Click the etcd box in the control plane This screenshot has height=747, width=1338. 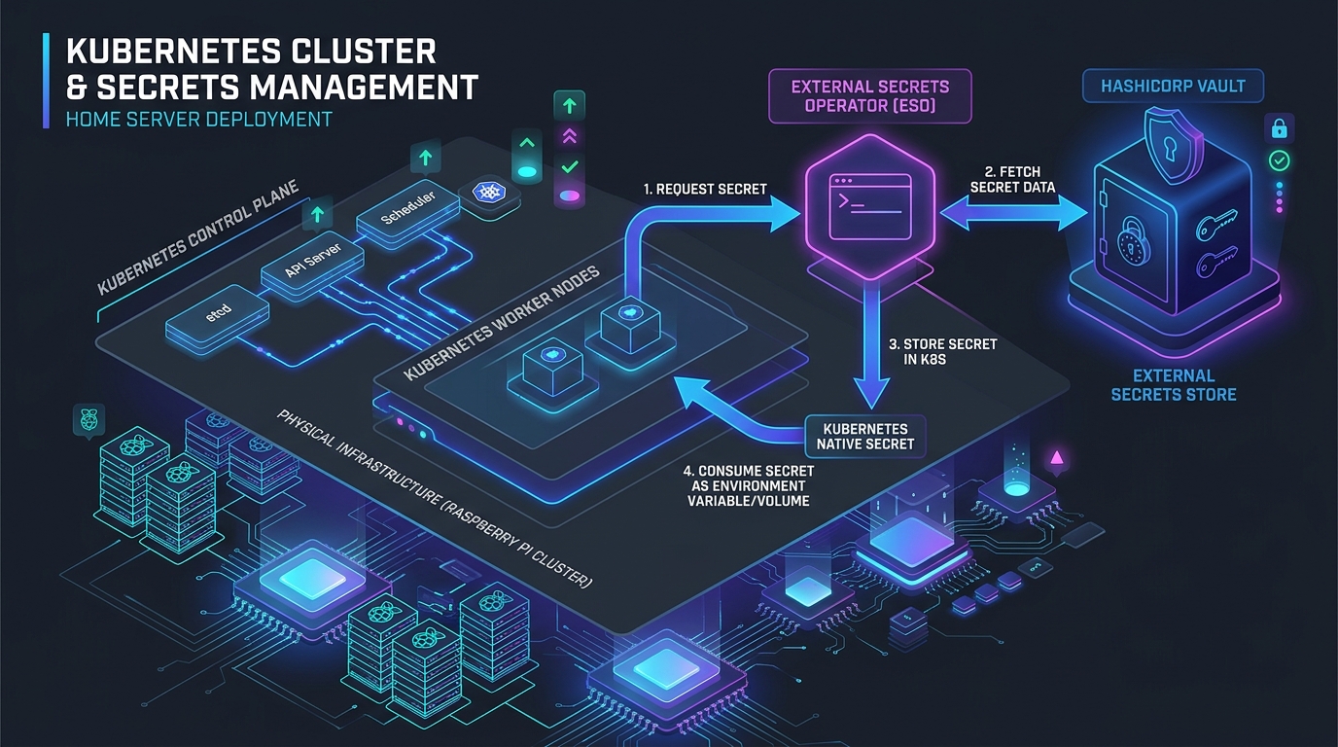click(x=218, y=318)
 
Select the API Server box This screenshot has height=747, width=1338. click(x=312, y=265)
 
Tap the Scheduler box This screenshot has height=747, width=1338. click(x=408, y=212)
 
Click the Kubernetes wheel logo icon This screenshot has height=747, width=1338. click(x=488, y=192)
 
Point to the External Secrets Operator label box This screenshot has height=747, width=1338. click(x=869, y=96)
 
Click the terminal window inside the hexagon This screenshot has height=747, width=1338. click(x=870, y=206)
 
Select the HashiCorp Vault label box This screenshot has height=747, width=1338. click(x=1173, y=86)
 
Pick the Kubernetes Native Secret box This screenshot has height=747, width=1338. click(x=865, y=437)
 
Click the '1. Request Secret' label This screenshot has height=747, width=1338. click(x=705, y=190)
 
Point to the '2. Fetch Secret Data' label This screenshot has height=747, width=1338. click(x=1012, y=179)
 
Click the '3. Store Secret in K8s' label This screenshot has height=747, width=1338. click(x=942, y=352)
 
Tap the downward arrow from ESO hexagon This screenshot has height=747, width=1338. click(x=871, y=345)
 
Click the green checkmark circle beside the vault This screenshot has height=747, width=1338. click(x=1279, y=160)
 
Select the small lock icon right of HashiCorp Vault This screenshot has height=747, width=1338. click(x=1279, y=128)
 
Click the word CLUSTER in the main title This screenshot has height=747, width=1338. click(x=364, y=52)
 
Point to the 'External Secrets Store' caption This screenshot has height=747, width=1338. click(x=1173, y=385)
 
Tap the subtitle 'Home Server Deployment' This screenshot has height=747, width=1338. click(x=199, y=120)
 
